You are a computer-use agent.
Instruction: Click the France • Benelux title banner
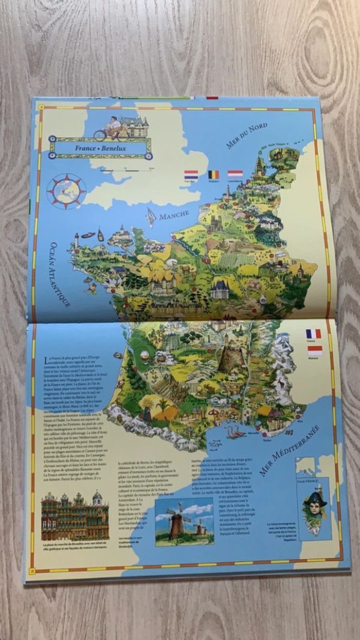[x=101, y=148]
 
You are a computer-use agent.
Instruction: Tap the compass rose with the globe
[x=66, y=191]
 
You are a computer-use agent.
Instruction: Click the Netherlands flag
[x=191, y=174]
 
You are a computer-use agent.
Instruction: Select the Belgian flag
[x=213, y=174]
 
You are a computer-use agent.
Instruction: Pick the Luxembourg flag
[x=235, y=174]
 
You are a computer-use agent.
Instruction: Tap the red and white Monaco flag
[x=314, y=350]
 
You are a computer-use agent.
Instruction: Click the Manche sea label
[x=174, y=215]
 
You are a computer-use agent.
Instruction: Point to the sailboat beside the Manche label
[x=151, y=217]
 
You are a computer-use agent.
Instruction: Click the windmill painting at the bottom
[x=184, y=521]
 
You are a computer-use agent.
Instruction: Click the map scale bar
[x=126, y=169]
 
